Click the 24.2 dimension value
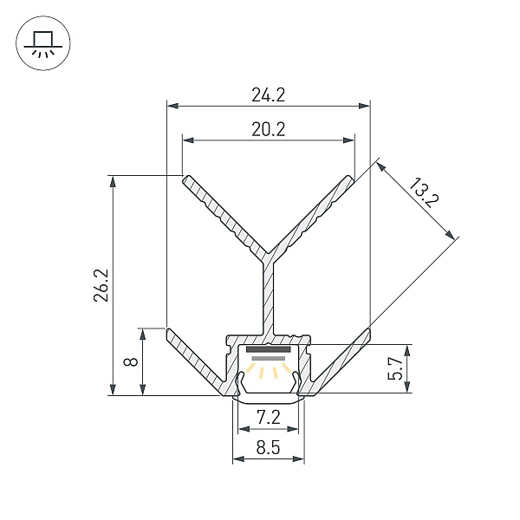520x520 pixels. pos(269,94)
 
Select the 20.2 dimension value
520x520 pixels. pos(269,129)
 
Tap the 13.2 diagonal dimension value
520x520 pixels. pos(424,193)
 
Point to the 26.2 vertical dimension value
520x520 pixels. pos(101,285)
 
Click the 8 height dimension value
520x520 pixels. pos(131,361)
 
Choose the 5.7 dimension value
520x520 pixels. pos(395,368)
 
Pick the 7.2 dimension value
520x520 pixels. pos(269,418)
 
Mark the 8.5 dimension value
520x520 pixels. pos(269,448)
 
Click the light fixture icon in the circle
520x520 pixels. pos(43,43)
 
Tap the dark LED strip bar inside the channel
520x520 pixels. pos(269,349)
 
